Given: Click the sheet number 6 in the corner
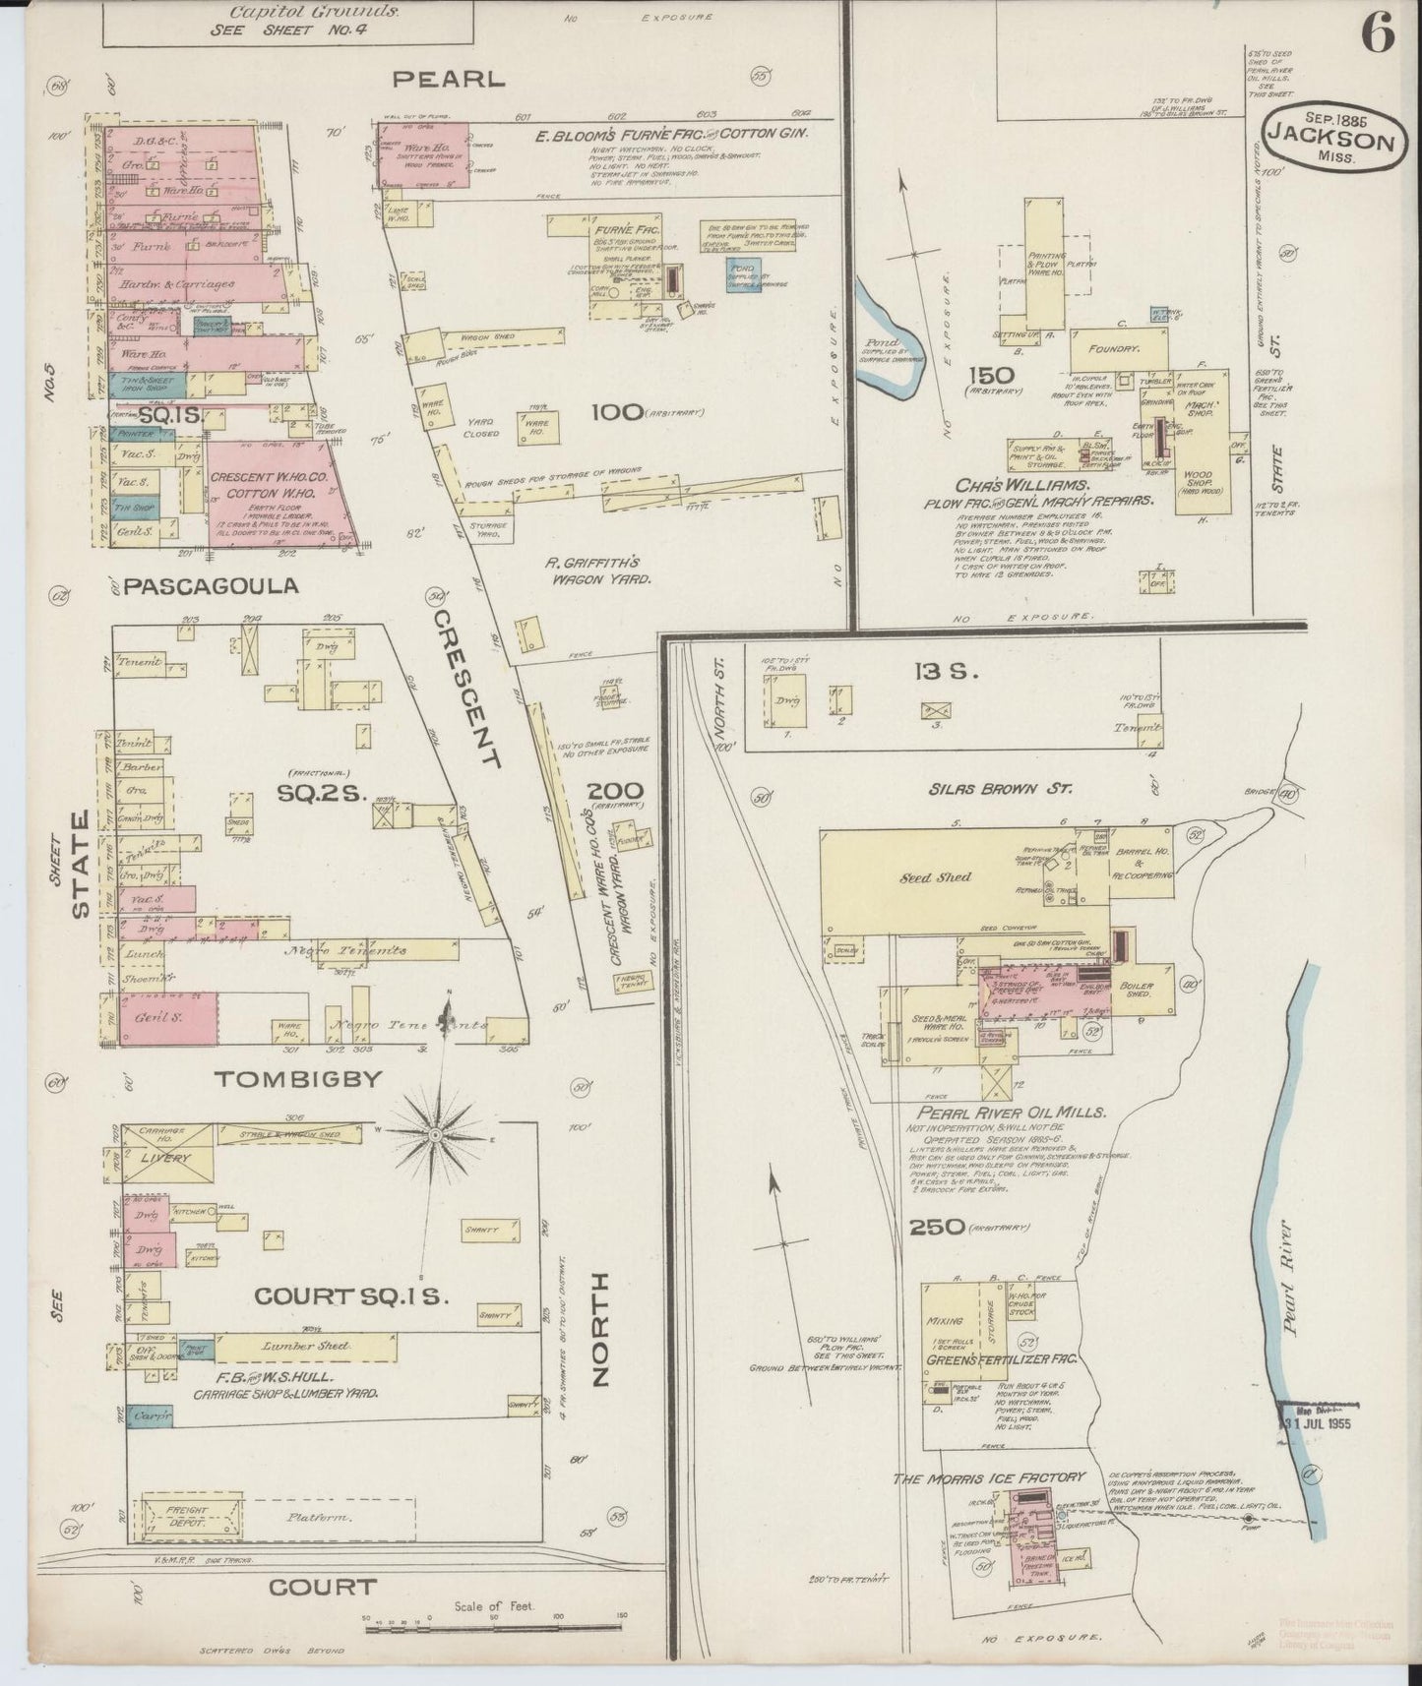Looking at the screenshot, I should tap(1378, 36).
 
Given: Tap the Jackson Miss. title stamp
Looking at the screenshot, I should tap(1331, 141).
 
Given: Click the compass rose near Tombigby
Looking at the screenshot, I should tap(434, 1134).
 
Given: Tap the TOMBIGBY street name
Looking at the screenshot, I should tap(297, 1078).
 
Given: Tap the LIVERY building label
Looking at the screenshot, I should tap(164, 1158).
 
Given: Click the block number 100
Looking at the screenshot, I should tap(616, 411).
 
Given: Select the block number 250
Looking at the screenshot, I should tap(936, 1228).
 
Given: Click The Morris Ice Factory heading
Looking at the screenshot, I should tap(989, 1477).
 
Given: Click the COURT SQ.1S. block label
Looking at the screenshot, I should tap(351, 1297).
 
